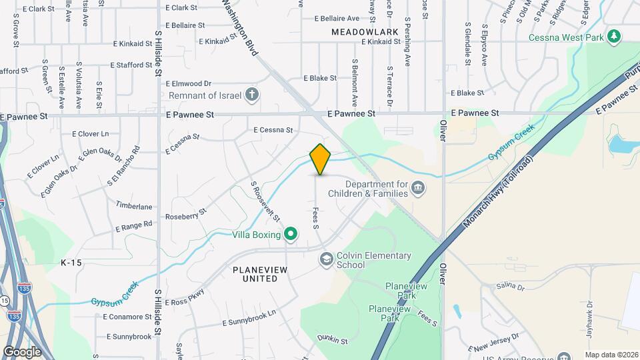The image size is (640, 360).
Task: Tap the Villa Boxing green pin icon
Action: pos(290,234)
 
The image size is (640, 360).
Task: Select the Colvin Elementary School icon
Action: pos(326,259)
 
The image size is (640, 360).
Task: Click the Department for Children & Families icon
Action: pos(417,189)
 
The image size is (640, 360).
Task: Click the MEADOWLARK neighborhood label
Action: pos(364,32)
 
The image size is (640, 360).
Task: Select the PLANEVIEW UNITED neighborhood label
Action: pos(255,274)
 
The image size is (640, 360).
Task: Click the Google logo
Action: pos(22,351)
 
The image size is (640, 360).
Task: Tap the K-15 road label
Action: pos(71,263)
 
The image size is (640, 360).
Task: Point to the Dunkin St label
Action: pos(333,340)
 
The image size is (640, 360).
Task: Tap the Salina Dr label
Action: pos(511,287)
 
